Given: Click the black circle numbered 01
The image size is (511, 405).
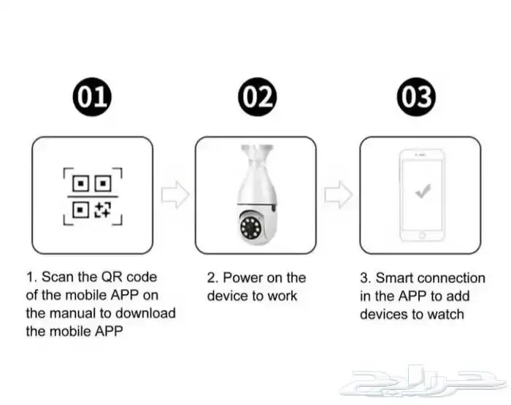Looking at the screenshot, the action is click(x=92, y=97).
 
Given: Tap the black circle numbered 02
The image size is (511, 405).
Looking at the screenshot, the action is click(x=258, y=97).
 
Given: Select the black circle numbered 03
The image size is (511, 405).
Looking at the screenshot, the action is click(x=417, y=97).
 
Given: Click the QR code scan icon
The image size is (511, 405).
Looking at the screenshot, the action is click(x=93, y=196).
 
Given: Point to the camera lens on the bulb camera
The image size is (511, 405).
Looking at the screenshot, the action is click(x=250, y=227).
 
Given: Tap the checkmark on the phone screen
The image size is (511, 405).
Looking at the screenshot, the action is click(x=423, y=191).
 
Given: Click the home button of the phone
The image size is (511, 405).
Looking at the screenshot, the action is click(x=422, y=235).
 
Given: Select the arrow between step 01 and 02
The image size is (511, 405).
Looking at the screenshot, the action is click(x=175, y=195).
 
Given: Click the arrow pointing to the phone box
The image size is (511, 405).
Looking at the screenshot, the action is click(x=338, y=195).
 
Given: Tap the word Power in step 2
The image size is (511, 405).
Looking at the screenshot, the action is click(x=242, y=277).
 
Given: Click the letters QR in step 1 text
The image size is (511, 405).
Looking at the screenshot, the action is click(x=112, y=277).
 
